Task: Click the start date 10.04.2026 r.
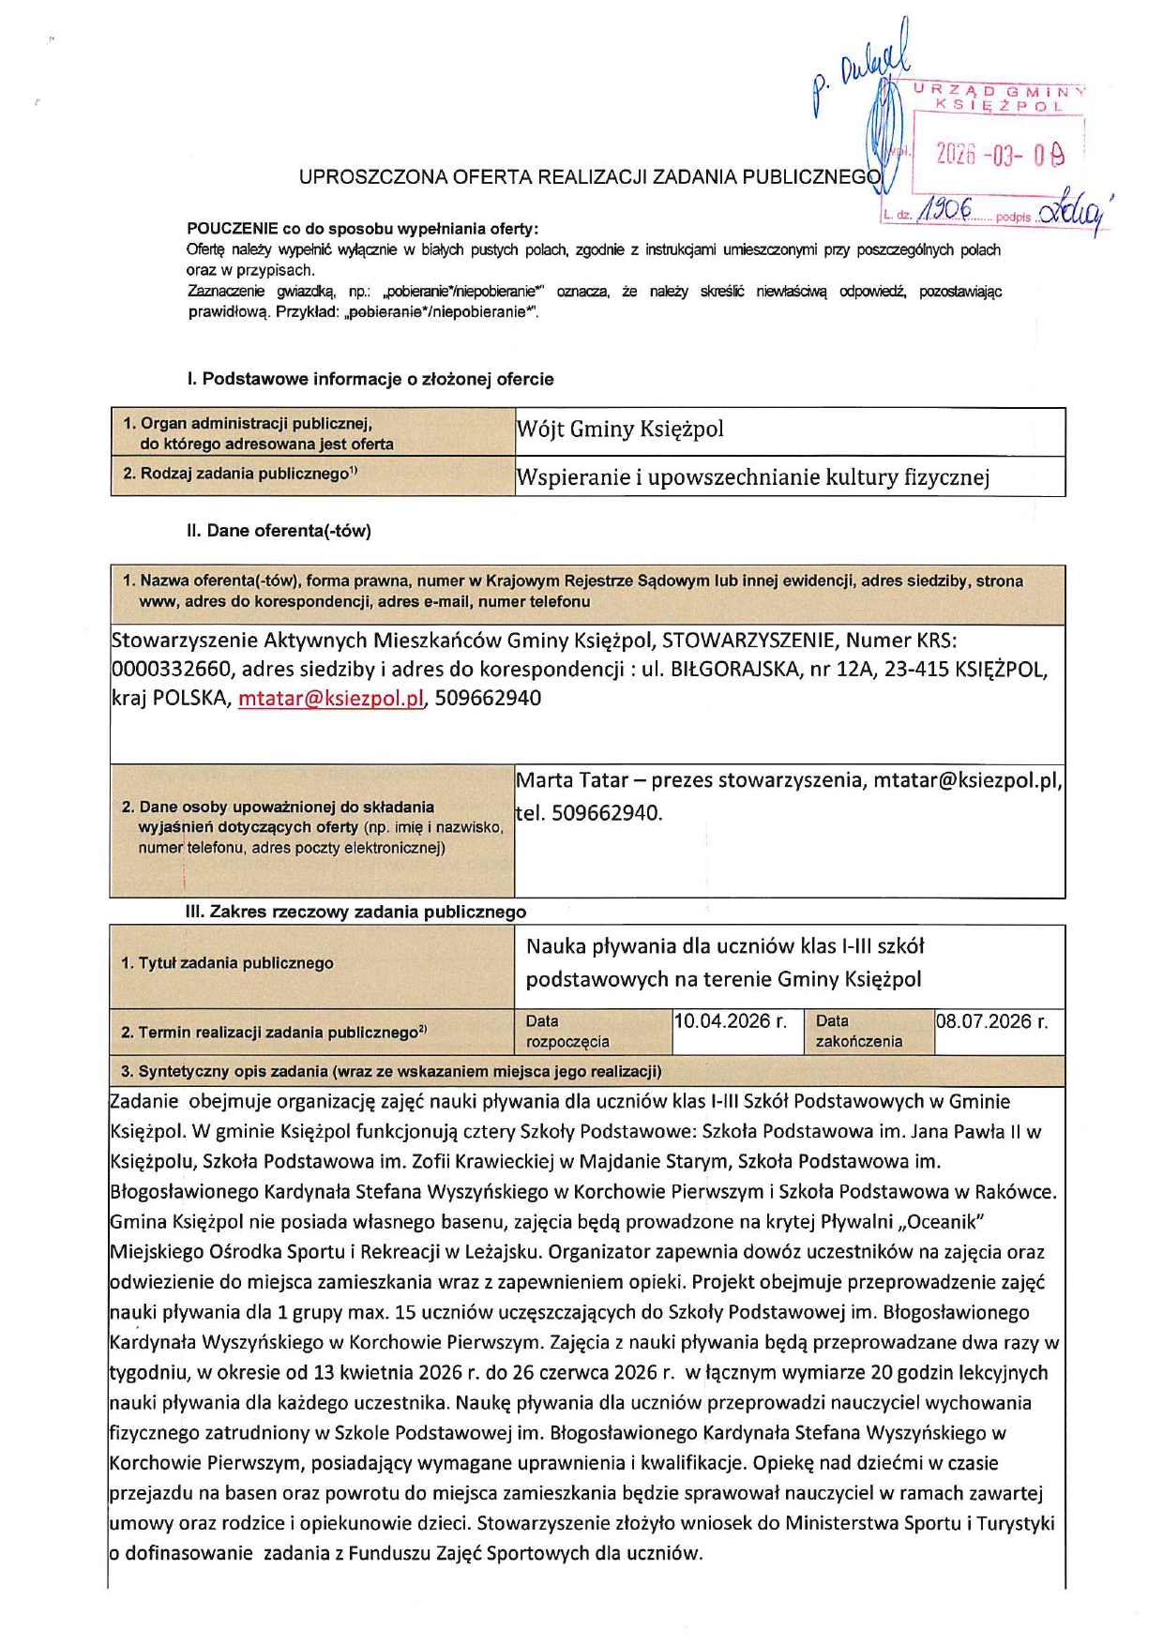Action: pos(730,1021)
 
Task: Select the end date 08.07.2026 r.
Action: pos(991,1021)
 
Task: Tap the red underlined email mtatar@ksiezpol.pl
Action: pos(331,699)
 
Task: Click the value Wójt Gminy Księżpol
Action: pos(620,430)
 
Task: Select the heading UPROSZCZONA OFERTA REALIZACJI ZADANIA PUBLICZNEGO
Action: pos(590,176)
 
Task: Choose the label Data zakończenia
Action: pos(858,1031)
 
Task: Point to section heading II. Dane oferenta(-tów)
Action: pos(279,531)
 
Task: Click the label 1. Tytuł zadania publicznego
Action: pos(227,963)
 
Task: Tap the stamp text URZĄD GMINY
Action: pos(1000,91)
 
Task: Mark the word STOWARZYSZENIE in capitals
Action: pos(748,641)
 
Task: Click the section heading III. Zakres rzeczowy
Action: pos(355,912)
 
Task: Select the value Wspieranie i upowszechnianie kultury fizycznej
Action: pos(752,477)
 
